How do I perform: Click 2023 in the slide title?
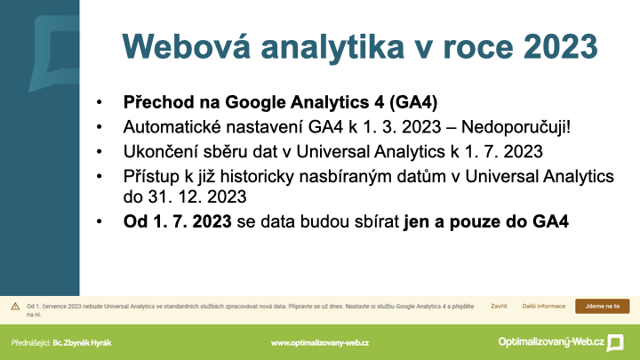click(561, 46)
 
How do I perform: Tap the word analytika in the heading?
click(332, 48)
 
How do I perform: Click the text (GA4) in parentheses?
click(413, 102)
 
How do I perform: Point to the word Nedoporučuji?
click(516, 127)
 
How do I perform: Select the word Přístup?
click(151, 177)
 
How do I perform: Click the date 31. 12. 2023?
click(197, 196)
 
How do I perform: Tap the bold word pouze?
click(473, 222)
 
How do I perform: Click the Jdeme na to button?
click(603, 306)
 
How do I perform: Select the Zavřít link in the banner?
click(499, 306)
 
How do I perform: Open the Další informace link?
click(544, 306)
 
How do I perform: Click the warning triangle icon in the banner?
click(15, 306)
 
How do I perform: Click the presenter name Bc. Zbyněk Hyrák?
click(82, 343)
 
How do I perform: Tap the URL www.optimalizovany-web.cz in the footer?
click(320, 343)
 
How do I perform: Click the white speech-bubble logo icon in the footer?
click(615, 342)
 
